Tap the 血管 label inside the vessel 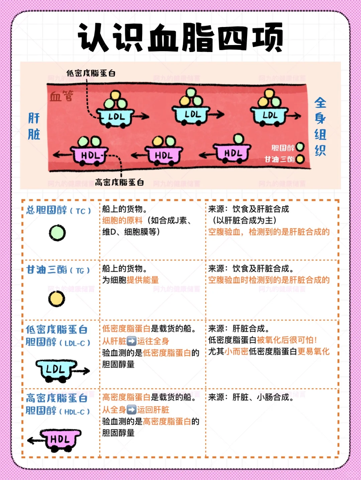62,96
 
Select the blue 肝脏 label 34,126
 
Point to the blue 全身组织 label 321,127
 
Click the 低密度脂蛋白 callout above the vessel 91,73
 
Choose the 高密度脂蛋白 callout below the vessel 119,182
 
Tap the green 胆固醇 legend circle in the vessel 300,147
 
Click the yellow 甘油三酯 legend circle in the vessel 300,159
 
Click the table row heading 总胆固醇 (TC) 58,210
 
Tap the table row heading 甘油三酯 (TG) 58,270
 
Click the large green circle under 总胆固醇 57,233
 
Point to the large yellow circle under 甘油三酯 56,299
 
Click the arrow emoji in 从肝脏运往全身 132,341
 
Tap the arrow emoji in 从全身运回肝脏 132,410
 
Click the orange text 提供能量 143,280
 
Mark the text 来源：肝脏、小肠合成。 251,397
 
